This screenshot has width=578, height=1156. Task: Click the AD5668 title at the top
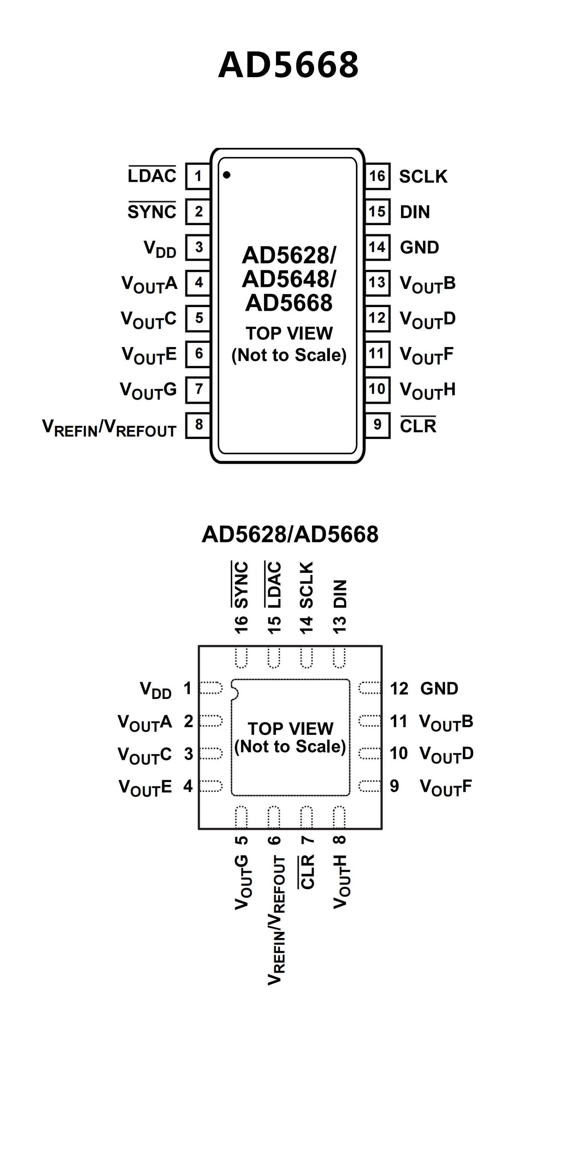coord(288,65)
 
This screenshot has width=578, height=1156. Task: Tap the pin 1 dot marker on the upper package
coord(227,175)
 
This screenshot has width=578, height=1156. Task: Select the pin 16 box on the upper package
coord(377,176)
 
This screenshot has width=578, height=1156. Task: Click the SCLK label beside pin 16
coord(423,177)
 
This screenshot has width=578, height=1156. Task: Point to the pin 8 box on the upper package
coord(198,425)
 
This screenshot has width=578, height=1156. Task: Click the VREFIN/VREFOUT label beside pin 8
coord(109,428)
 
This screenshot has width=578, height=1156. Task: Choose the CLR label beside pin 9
coord(418,425)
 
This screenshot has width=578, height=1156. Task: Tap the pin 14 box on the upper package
coord(377,247)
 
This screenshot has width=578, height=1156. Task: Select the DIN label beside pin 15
coord(415,212)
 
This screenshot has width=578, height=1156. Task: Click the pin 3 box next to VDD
coord(198,247)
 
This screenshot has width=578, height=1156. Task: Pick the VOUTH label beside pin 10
coord(427,390)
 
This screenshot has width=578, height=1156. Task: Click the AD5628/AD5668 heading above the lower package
coord(290,534)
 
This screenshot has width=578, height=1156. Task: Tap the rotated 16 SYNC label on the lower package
coord(241,597)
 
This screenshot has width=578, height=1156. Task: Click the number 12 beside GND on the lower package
coord(399,688)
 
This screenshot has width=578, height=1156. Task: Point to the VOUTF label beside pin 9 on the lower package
coord(445,787)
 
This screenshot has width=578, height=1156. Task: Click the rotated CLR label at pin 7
coord(307,871)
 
